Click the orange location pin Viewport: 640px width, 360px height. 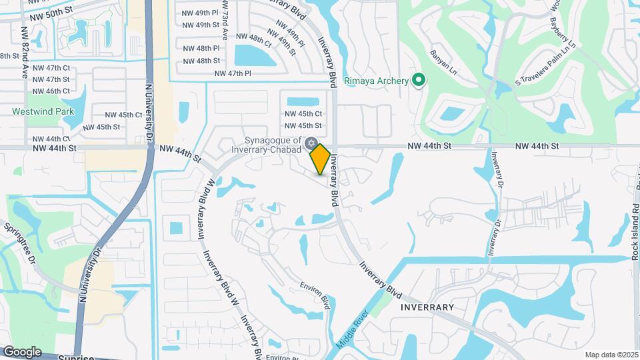pos(320,159)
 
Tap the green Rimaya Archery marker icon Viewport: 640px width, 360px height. pos(419,81)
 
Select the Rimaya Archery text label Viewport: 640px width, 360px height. pos(376,81)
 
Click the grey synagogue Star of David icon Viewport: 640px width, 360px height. pos(311,143)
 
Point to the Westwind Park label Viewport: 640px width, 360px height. pos(43,112)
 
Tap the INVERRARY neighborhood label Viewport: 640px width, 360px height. pos(427,307)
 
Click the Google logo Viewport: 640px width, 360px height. pos(22,352)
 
